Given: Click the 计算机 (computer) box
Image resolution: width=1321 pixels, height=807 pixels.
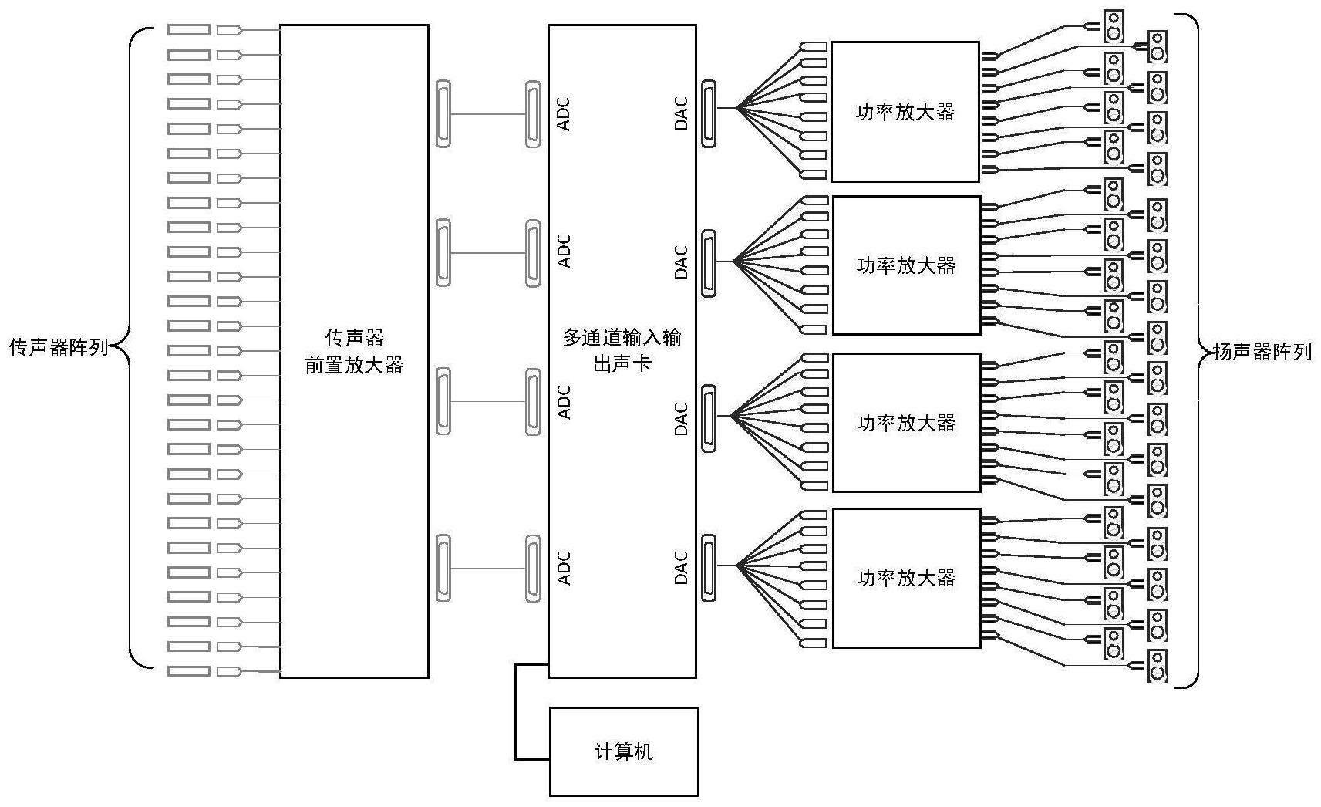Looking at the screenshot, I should [x=623, y=751].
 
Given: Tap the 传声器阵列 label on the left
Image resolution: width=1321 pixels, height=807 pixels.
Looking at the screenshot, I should [x=59, y=347].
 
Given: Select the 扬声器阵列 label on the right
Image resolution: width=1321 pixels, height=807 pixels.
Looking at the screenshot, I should [x=1262, y=352].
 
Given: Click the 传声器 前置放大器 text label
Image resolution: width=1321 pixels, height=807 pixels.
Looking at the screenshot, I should [x=354, y=351].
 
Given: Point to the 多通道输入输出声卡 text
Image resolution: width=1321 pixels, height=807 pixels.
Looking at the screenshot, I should [x=622, y=349].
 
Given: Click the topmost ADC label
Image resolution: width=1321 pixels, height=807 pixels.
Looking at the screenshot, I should [x=564, y=113].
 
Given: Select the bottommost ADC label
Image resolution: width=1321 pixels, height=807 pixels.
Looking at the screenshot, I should [x=564, y=567].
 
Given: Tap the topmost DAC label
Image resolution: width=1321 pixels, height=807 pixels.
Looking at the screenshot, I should [x=681, y=113].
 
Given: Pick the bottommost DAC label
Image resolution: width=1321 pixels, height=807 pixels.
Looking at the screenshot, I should [x=681, y=567].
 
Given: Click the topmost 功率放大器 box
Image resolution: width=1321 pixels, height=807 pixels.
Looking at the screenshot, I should [x=905, y=112].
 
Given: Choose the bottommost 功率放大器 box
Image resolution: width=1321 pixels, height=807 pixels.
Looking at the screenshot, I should [x=905, y=578].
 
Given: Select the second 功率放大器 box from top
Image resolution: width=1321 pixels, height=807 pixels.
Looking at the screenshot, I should [x=906, y=265].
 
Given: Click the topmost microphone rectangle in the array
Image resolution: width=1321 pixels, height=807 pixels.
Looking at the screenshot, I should [x=189, y=30].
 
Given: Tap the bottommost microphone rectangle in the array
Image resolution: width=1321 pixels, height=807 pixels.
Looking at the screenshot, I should [x=189, y=671].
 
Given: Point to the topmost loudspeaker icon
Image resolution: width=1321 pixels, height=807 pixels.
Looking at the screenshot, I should [x=1113, y=25].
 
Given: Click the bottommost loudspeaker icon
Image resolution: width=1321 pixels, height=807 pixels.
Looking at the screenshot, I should [x=1157, y=666].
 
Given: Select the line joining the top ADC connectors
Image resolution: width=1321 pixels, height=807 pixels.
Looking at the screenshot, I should [x=488, y=114].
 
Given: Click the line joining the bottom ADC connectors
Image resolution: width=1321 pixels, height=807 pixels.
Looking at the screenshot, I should [x=488, y=568].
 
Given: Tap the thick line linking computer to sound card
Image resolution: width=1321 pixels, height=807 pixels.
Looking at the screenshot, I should [x=516, y=710].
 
